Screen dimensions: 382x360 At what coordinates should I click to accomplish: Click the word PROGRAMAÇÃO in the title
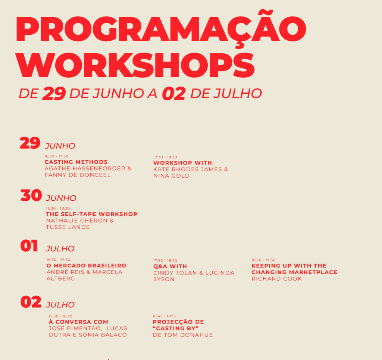point(161,29)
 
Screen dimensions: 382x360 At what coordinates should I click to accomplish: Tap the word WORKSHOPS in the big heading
point(135,66)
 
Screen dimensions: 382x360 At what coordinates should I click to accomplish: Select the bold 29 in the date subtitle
point(54,94)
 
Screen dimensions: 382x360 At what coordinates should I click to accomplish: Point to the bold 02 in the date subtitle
point(174,94)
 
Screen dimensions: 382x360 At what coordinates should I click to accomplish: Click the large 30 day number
point(31,195)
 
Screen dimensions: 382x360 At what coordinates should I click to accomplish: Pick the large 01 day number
point(29,246)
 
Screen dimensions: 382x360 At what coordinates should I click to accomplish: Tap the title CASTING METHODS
point(76,162)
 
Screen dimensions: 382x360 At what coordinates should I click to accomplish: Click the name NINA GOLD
point(171,176)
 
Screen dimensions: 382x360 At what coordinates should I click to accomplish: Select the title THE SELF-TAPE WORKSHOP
point(92,214)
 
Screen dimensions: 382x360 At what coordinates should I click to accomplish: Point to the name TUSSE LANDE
point(68,227)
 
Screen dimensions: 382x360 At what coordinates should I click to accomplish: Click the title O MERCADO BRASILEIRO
point(86,266)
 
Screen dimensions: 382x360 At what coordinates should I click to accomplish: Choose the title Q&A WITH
point(170,266)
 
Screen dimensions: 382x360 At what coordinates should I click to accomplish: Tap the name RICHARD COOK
point(276,279)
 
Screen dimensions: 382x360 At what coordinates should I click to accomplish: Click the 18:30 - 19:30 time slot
point(263,260)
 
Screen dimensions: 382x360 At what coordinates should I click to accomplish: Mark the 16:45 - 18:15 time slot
point(164,316)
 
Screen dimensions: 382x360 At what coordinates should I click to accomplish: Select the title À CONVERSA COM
point(78,322)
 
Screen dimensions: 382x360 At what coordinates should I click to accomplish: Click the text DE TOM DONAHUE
point(183,335)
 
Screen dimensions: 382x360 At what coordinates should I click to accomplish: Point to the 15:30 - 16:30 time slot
point(60,316)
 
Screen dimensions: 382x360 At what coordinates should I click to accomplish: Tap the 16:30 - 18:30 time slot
point(58,208)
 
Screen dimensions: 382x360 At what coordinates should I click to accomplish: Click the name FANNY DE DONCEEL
point(78,175)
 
